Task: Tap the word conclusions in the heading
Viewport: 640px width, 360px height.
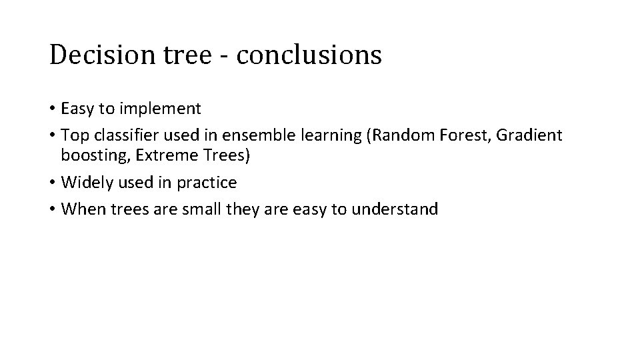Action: pyautogui.click(x=309, y=55)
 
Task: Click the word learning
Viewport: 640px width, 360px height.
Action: pyautogui.click(x=312, y=135)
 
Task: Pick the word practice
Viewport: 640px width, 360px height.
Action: pyautogui.click(x=207, y=183)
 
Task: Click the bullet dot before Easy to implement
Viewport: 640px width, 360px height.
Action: pyautogui.click(x=52, y=109)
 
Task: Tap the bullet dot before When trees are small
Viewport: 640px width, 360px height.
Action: pyautogui.click(x=52, y=209)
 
